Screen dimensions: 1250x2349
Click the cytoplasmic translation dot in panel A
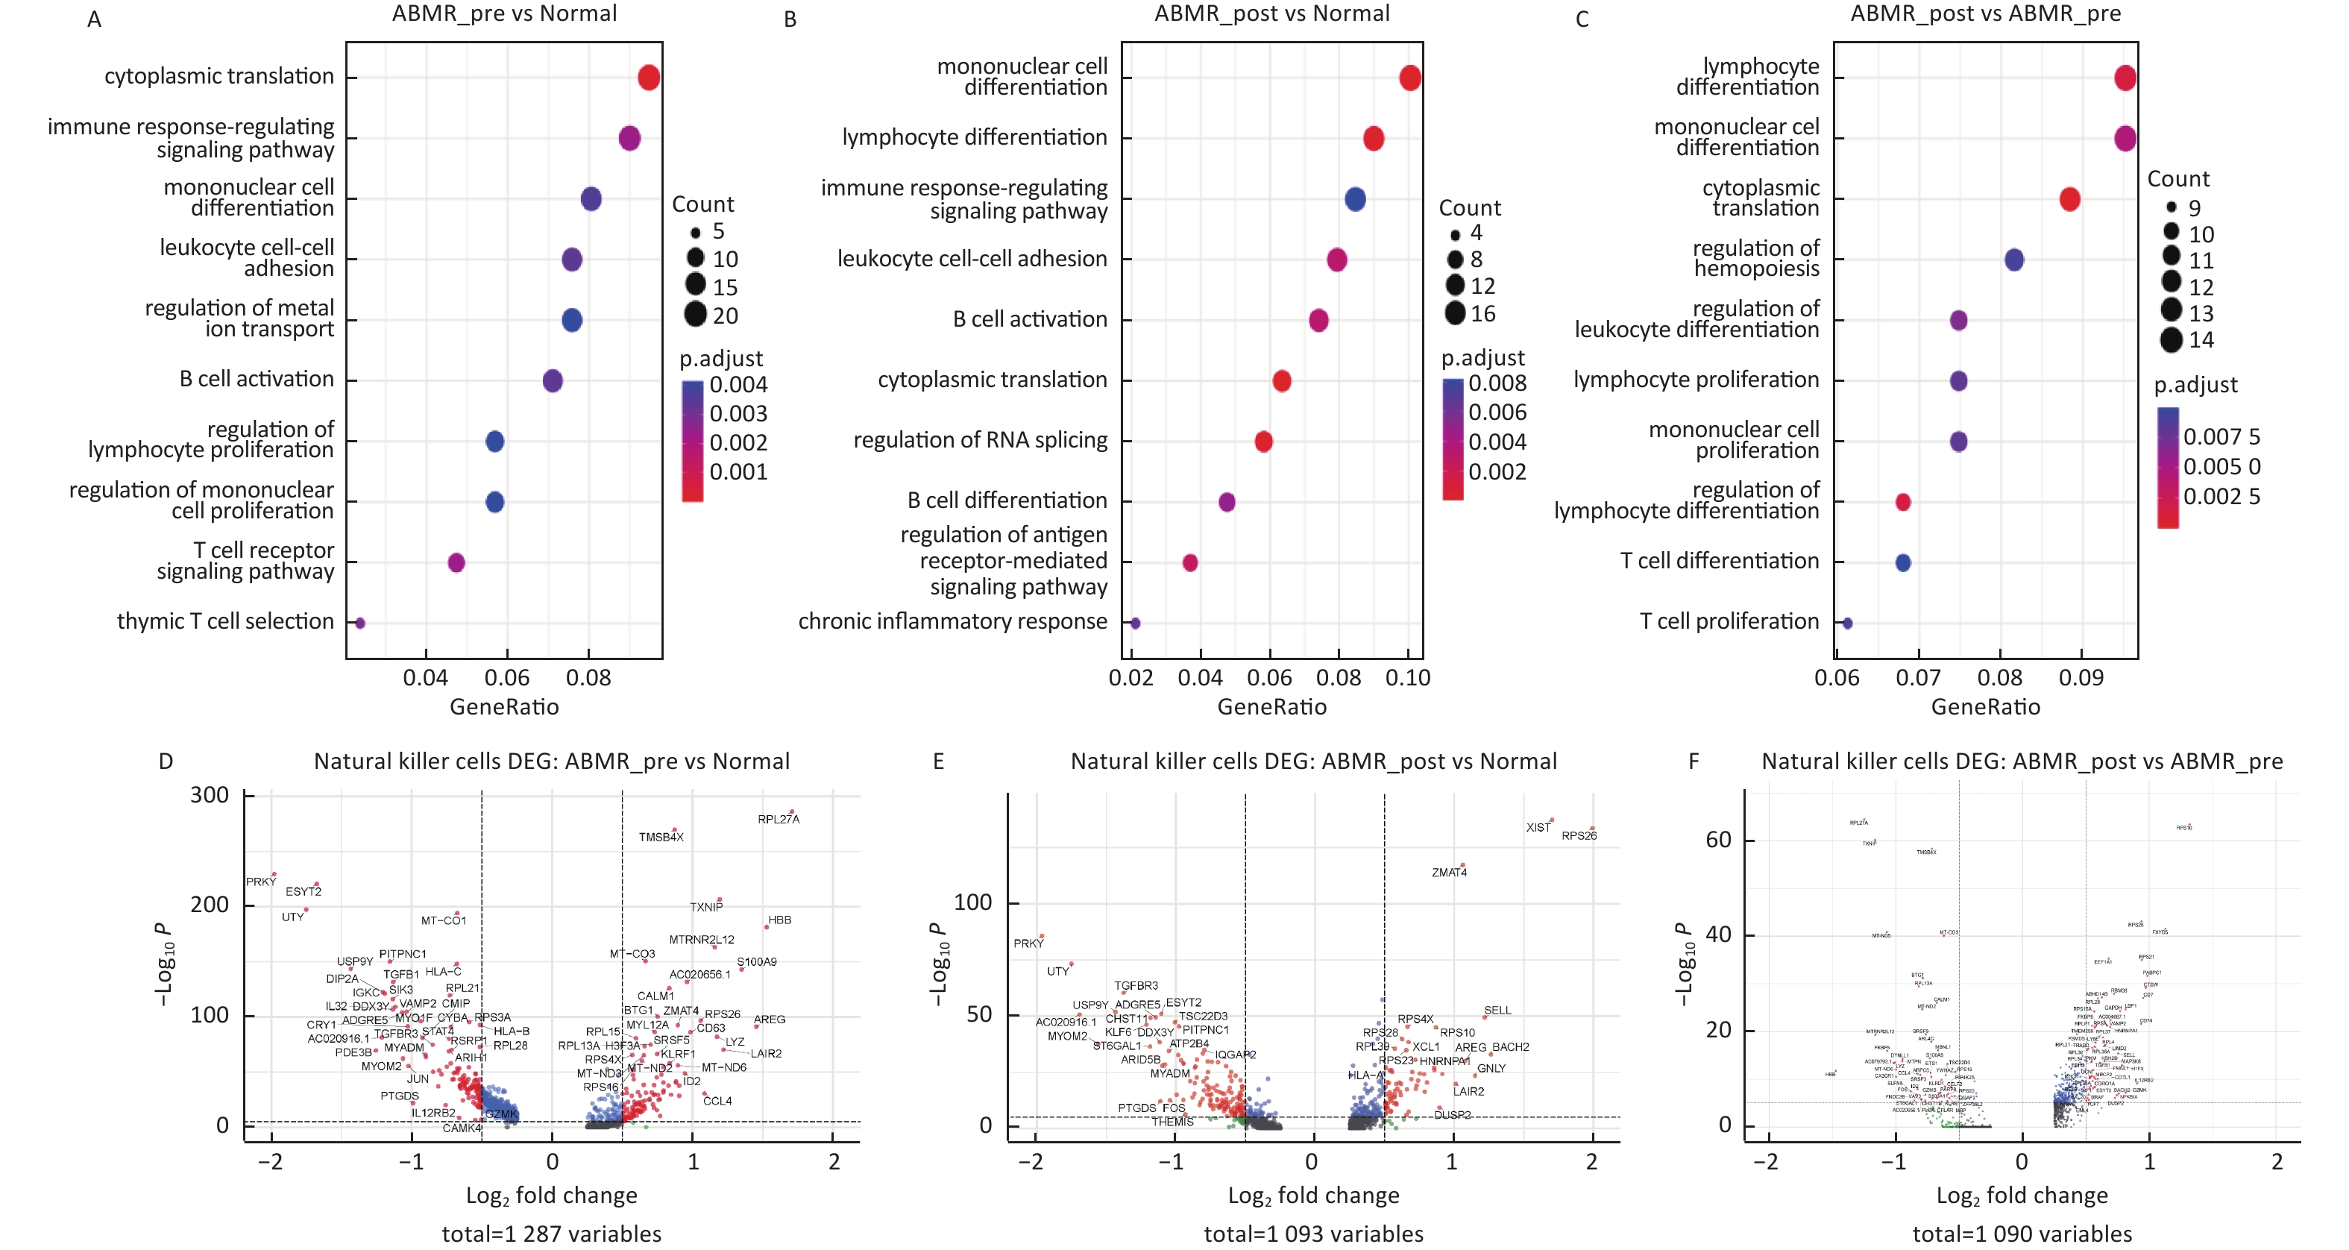(648, 78)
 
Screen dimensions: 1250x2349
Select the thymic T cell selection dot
(360, 624)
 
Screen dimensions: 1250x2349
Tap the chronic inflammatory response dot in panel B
(1135, 624)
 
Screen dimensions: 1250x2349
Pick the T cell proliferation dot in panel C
(1847, 624)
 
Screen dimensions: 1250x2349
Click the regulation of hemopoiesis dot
(2014, 260)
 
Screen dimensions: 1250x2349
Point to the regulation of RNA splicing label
(981, 440)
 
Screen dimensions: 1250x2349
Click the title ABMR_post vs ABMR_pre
(1985, 13)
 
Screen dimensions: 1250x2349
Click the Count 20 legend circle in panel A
(696, 315)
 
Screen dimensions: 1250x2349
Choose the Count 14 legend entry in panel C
(2172, 340)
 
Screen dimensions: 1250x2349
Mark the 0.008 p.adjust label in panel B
(1497, 384)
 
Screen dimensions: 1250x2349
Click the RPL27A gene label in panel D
(778, 820)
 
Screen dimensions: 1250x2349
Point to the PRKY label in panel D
(261, 882)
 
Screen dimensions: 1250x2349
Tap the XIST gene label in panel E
(1538, 828)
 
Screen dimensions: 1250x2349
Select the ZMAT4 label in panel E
(1449, 873)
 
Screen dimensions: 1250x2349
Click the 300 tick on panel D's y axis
(210, 795)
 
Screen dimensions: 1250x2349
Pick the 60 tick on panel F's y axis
(1718, 840)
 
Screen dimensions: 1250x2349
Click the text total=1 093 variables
(1313, 1234)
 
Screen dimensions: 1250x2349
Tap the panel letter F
(1694, 761)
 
